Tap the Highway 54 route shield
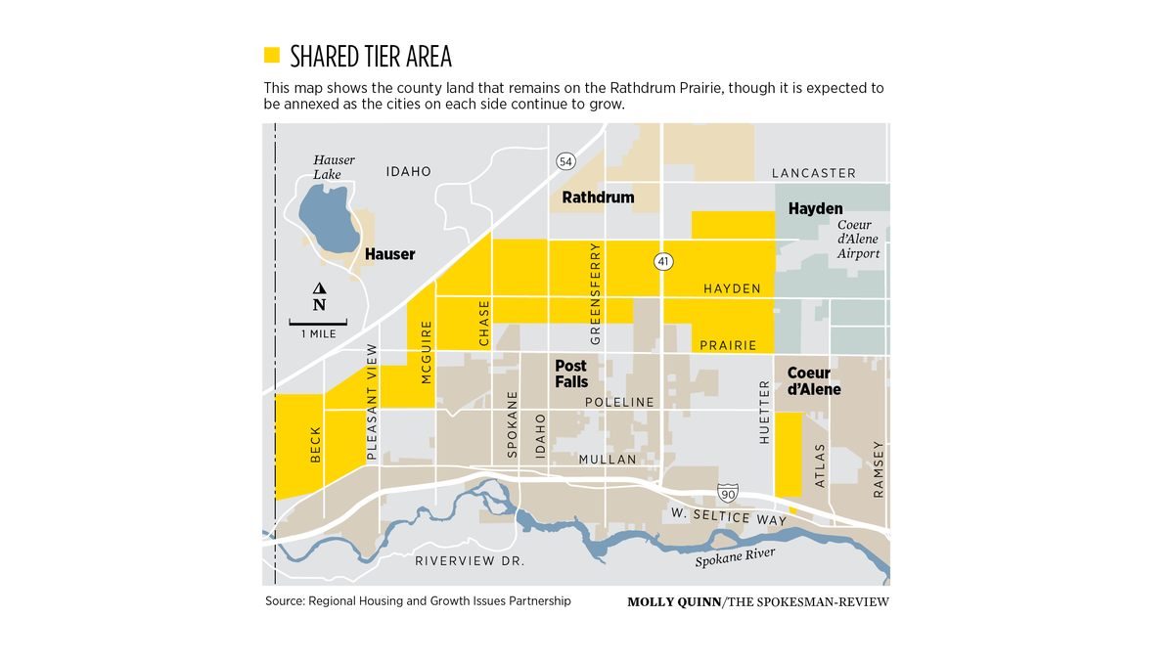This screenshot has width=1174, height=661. tap(564, 160)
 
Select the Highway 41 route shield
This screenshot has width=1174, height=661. tap(663, 262)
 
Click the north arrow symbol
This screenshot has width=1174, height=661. tap(319, 296)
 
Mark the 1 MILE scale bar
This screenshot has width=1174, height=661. tap(319, 323)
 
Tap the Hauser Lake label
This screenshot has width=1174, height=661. tap(334, 167)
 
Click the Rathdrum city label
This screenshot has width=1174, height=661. tap(598, 198)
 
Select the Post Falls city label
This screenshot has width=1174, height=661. tap(571, 374)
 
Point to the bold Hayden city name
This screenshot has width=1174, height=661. tap(815, 208)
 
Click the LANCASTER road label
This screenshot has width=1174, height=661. tap(813, 173)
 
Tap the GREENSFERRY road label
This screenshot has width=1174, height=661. tap(595, 293)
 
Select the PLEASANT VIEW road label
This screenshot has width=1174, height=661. tap(371, 402)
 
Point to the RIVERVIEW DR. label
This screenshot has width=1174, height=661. tap(470, 561)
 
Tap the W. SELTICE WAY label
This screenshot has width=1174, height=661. tap(728, 518)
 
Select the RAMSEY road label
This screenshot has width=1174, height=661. tap(878, 469)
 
